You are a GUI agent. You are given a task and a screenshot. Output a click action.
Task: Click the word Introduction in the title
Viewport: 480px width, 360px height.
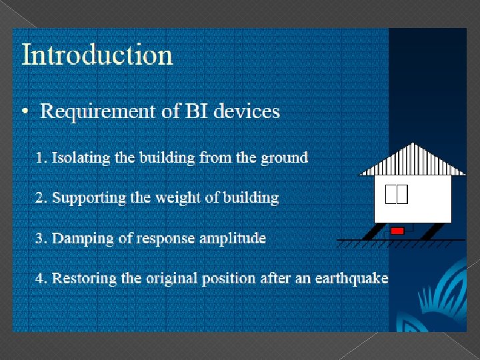pos(97,55)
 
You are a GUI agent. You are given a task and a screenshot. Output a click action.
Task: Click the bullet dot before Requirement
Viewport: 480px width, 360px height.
pos(25,112)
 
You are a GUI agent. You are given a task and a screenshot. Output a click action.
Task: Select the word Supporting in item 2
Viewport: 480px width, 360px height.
pos(85,198)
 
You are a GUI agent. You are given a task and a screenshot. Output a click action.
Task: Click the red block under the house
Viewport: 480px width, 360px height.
pos(397,231)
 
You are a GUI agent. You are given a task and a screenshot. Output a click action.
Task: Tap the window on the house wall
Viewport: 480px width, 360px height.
pos(396,193)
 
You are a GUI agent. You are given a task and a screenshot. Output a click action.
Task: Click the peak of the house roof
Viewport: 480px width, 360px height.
pos(414,144)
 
